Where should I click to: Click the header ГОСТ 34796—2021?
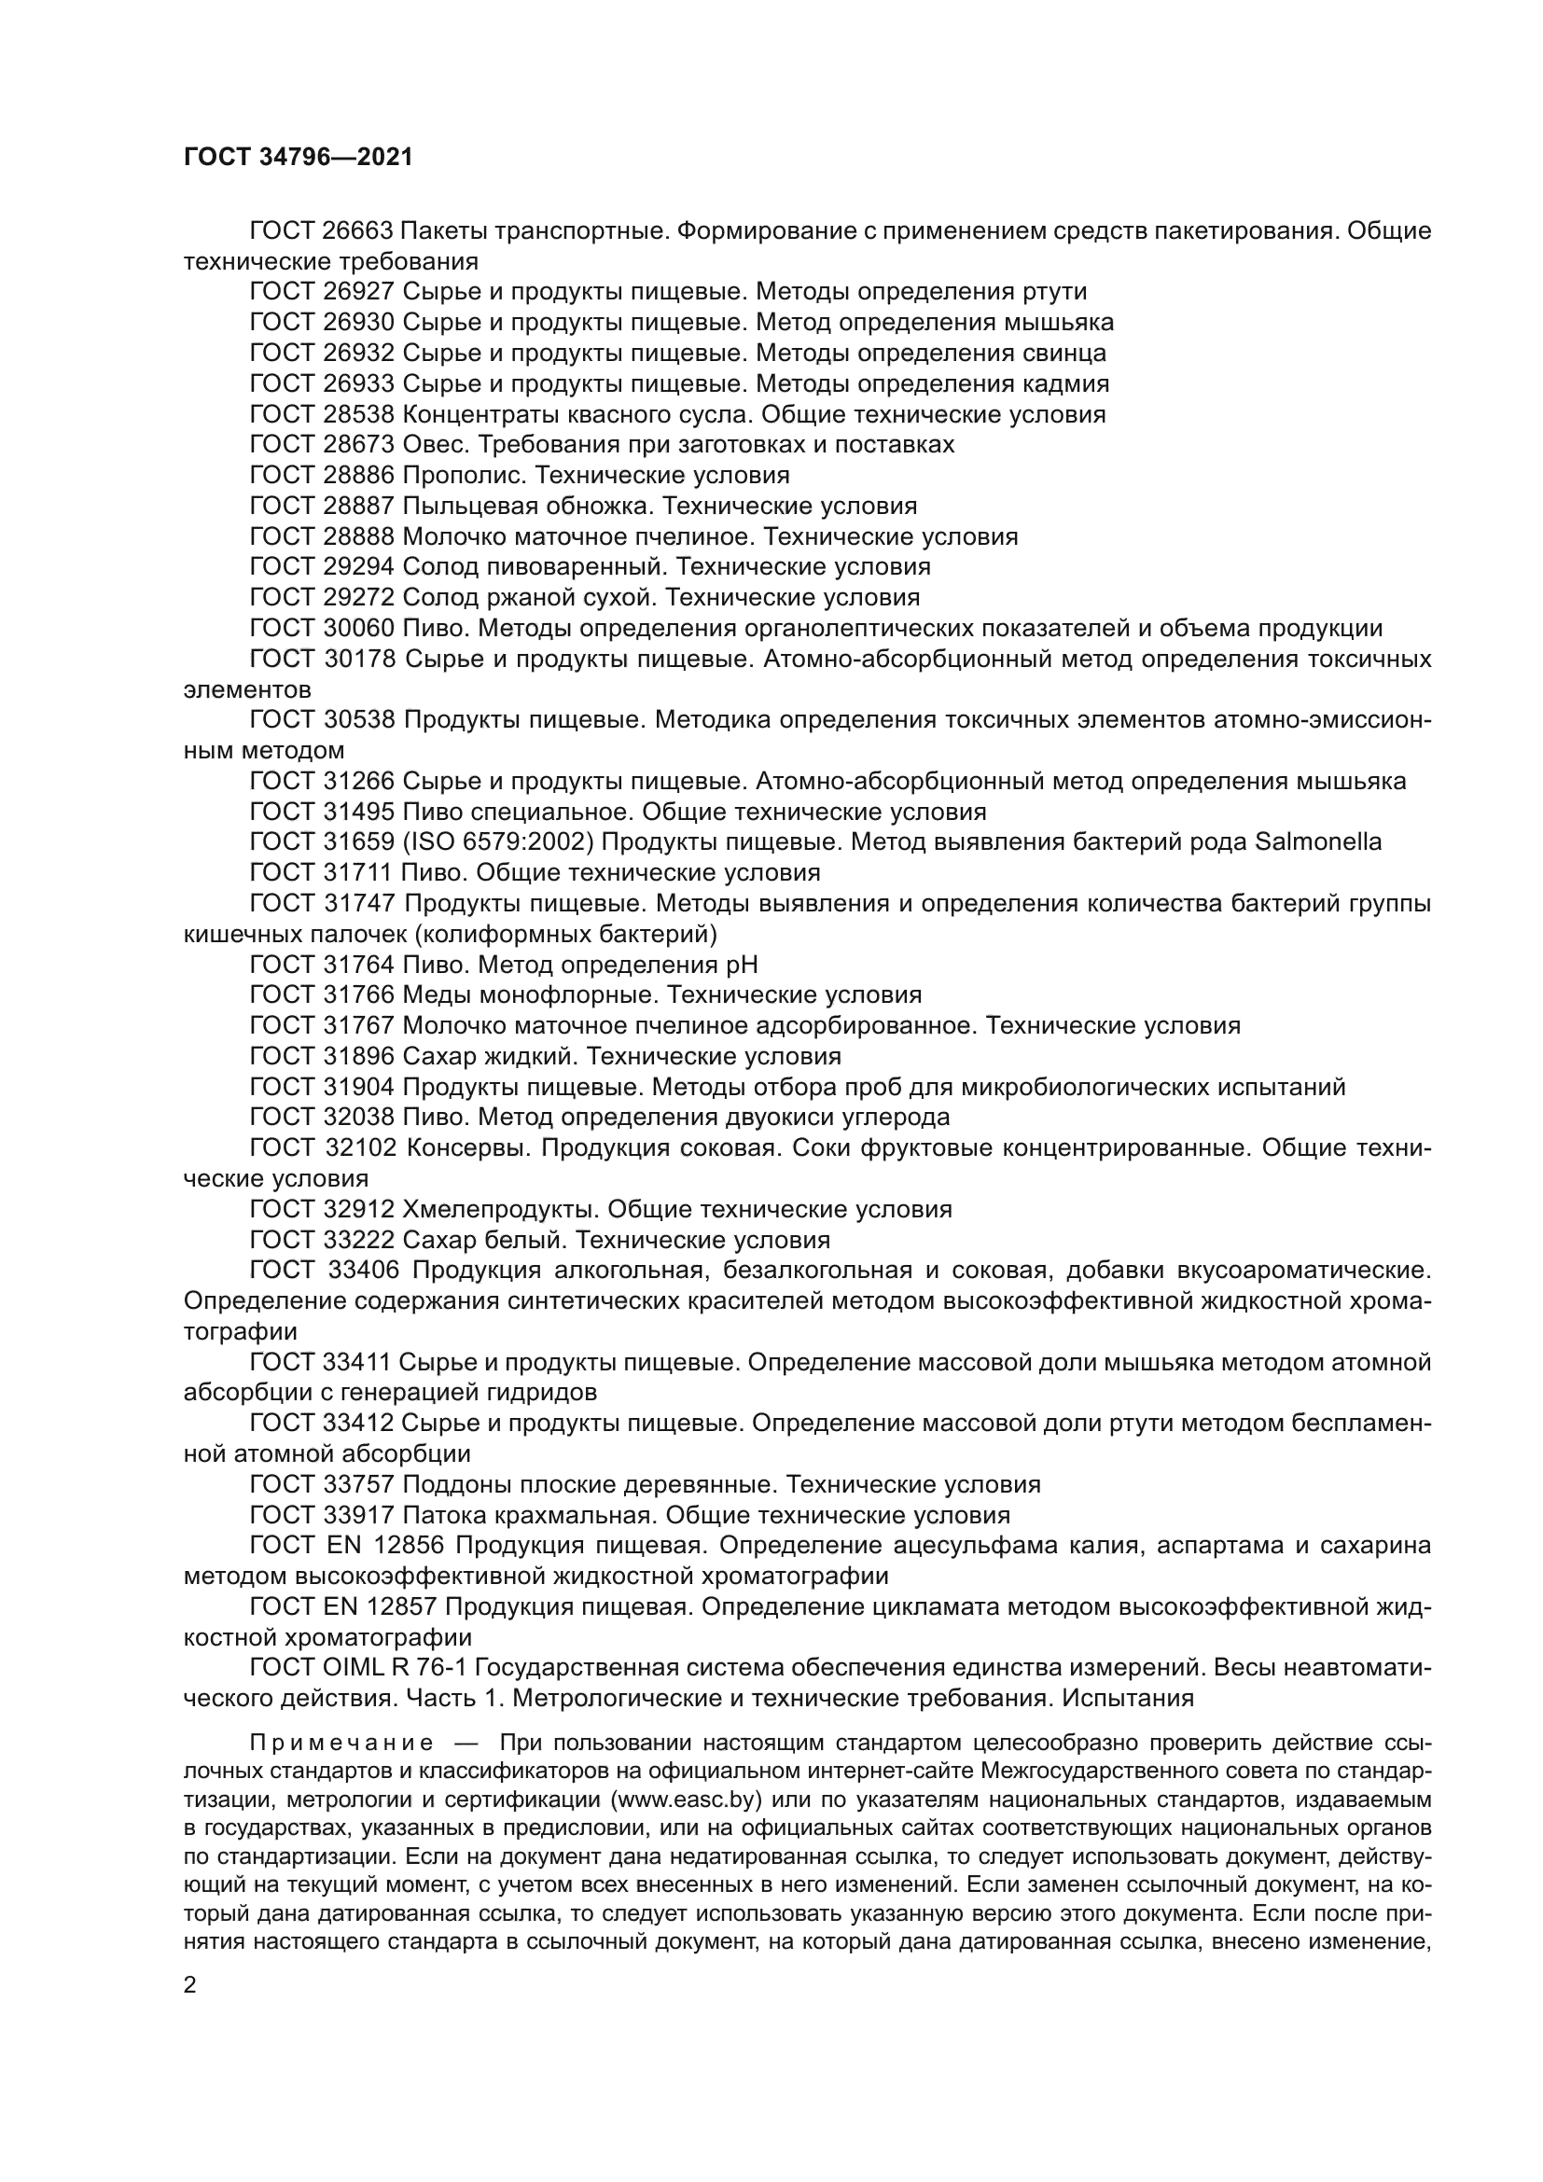point(299,158)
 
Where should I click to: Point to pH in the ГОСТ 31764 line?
point(742,965)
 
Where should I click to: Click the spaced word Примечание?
point(341,1743)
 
